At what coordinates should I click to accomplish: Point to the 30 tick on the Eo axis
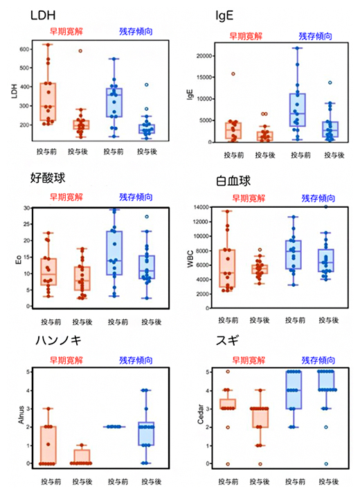(28, 208)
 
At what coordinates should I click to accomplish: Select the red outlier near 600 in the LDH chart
(80, 51)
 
